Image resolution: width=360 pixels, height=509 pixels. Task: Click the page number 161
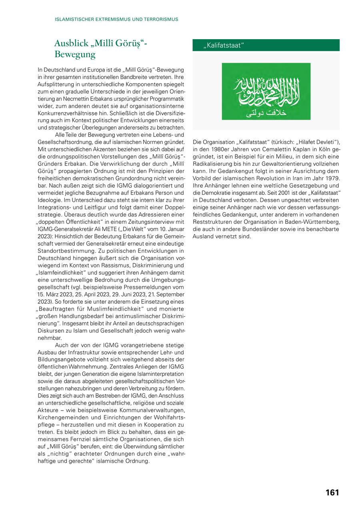click(x=332, y=493)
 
